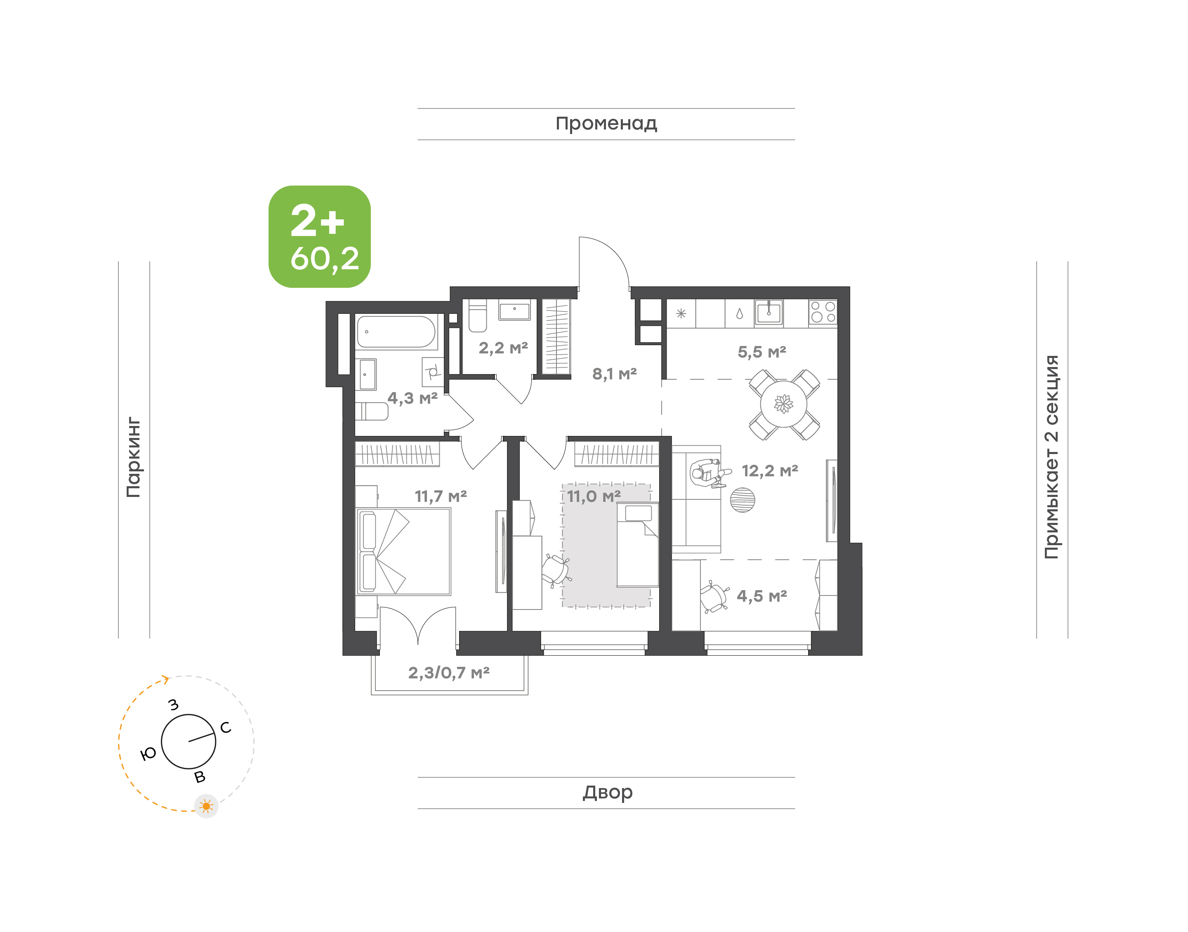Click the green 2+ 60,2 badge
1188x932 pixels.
(319, 236)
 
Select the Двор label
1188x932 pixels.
(607, 792)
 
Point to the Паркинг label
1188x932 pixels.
(134, 457)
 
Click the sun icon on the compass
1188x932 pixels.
(206, 806)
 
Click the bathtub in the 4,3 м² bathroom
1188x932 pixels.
(396, 332)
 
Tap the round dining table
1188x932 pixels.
(784, 404)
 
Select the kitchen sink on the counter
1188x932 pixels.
(769, 313)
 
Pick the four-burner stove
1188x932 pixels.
(823, 312)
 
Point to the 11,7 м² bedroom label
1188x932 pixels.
(441, 497)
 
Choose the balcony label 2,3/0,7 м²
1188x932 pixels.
(448, 673)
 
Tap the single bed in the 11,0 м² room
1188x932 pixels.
(637, 545)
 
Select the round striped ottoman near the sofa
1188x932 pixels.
(742, 500)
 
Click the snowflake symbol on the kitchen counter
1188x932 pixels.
(681, 314)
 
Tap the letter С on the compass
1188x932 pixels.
(225, 727)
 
